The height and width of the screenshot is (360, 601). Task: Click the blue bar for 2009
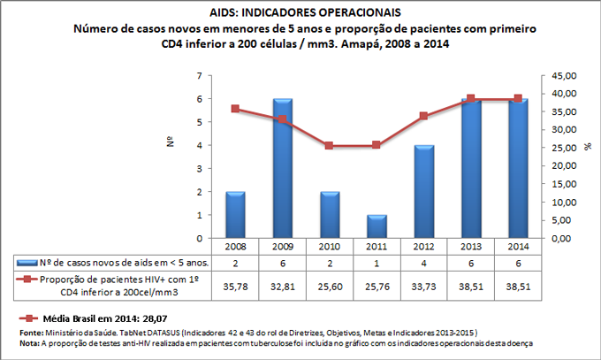pos(283,168)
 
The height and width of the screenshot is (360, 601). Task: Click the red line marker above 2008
pos(235,109)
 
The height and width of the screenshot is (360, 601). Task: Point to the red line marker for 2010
pos(330,145)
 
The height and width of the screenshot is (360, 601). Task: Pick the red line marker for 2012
pos(423,116)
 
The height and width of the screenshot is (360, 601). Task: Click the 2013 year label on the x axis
pos(471,247)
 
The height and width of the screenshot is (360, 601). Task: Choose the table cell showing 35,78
pos(235,287)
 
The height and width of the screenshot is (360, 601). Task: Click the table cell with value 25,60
pos(330,287)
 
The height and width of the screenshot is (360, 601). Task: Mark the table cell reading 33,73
pos(423,287)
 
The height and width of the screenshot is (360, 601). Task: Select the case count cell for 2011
pos(377,263)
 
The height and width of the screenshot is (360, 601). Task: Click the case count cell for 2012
pos(423,263)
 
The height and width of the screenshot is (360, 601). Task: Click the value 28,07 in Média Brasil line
pos(132,316)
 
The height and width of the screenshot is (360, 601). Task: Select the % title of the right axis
pos(587,145)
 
